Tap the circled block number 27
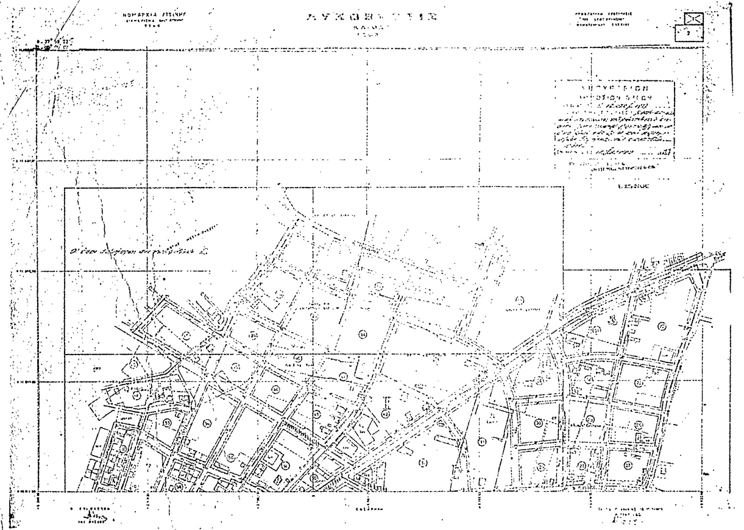coord(628,464)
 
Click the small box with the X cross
coord(695,18)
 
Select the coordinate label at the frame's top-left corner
coord(55,43)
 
